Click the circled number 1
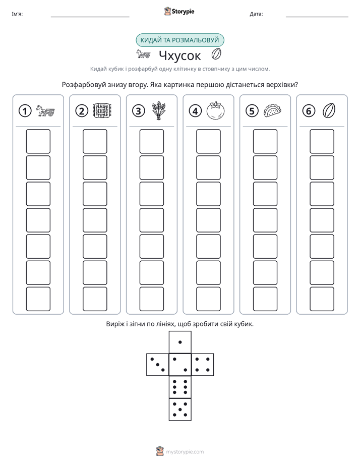25,111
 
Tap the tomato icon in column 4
215,110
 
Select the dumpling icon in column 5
272,110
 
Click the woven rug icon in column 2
102,111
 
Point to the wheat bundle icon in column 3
159,110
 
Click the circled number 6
309,111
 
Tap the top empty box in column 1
38,141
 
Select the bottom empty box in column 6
322,299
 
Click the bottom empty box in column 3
152,299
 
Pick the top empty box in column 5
265,141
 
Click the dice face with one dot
180,342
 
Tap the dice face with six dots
180,387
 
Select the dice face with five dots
180,409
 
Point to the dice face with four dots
203,364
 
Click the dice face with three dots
158,364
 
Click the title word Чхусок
180,55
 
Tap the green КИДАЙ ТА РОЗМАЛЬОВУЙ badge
179,40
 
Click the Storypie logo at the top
179,12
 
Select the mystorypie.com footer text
185,452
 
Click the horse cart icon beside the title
143,54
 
